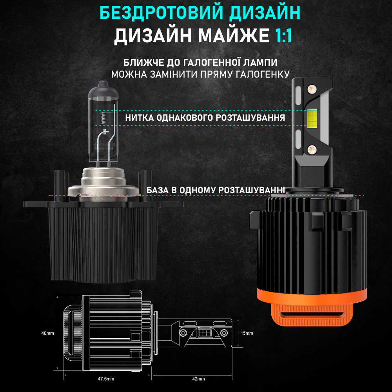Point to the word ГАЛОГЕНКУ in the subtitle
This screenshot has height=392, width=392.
pos(265,74)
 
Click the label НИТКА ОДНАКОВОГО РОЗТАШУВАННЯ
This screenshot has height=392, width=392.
pos(205,118)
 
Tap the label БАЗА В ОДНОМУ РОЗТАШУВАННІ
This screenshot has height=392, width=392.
pos(216,191)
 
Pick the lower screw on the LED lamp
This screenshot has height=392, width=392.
pos(312,149)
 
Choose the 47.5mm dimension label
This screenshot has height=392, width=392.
pos(106,379)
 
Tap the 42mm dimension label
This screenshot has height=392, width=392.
pos(198,379)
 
